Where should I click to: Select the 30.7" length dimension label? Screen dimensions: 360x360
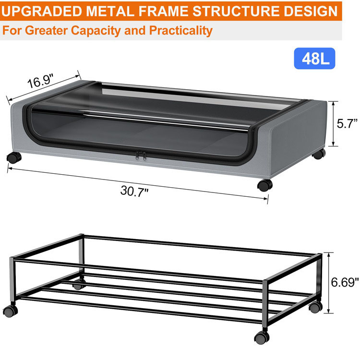[x=134, y=191]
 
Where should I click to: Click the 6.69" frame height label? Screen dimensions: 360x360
[x=345, y=282]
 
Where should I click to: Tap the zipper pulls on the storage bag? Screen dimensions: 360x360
[x=140, y=156]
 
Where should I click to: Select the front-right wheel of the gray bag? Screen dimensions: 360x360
[x=264, y=185]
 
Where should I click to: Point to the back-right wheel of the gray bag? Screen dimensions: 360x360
[x=318, y=154]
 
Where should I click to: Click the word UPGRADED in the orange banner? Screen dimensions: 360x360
[x=42, y=11]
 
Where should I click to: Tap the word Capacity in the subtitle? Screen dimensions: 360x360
[x=99, y=31]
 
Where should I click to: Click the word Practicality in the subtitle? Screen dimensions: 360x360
[x=180, y=31]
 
